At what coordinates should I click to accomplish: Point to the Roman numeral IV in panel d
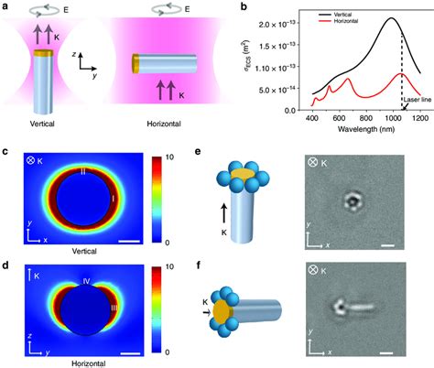[84, 271]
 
